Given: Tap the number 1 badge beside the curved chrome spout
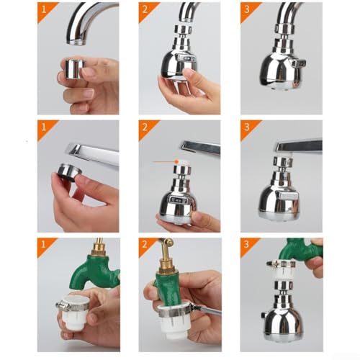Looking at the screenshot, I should [44, 9].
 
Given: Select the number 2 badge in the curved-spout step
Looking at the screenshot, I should [145, 9].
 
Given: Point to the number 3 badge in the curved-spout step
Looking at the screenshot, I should [247, 9].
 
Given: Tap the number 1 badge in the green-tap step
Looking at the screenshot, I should [44, 245].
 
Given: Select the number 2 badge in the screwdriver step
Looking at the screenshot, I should [145, 245].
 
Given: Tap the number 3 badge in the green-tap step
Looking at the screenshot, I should [247, 245].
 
